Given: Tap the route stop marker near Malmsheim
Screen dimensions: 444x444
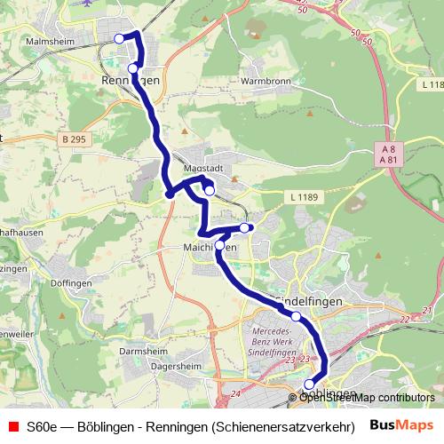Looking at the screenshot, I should [x=120, y=38].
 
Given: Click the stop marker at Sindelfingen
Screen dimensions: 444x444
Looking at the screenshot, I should [x=296, y=316].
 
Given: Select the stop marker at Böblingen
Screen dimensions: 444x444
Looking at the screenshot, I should [x=309, y=385].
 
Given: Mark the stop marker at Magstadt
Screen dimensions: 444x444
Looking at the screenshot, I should [x=209, y=189].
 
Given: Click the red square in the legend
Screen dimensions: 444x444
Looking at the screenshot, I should [x=12, y=424].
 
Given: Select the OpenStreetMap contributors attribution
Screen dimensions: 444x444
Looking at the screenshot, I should [x=367, y=397].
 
